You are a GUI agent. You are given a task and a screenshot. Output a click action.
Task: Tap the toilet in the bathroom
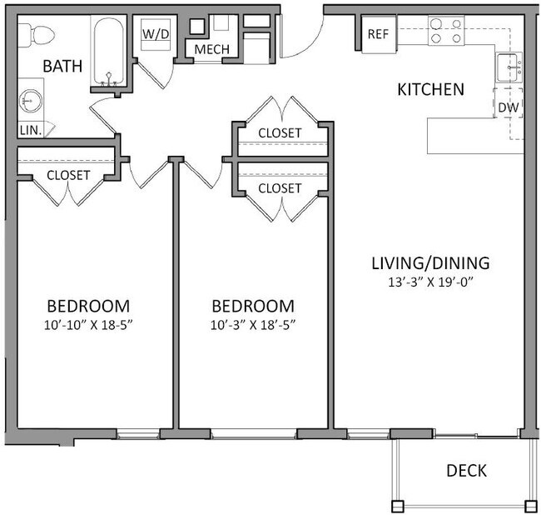coord(37,33)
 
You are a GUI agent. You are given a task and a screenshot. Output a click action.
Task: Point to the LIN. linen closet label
coord(30,130)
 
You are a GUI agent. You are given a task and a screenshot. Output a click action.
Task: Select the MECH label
coord(211,49)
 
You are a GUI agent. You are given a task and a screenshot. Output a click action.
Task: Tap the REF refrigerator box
coord(379,34)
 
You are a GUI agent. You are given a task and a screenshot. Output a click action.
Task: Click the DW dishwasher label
coord(509,107)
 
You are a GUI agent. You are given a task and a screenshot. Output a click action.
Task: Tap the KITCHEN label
coord(429,88)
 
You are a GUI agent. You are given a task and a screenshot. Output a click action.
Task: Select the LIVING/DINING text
coord(430,263)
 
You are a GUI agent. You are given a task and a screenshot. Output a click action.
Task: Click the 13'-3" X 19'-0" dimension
coord(430,282)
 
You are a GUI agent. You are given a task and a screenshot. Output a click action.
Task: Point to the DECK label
coord(466,471)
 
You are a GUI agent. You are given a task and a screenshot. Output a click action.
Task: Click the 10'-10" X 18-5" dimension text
coord(88,323)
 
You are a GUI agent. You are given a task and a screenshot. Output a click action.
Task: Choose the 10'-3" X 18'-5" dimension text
coord(253,323)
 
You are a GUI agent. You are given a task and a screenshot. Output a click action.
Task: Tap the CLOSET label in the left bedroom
coord(68,175)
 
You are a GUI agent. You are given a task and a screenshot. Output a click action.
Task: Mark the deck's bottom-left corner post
coord(397,505)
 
